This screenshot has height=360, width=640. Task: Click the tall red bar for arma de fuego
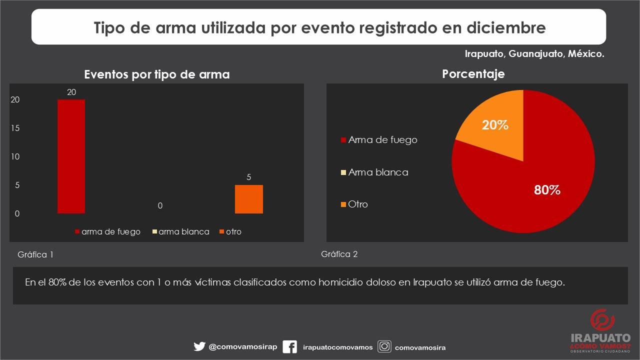pyautogui.click(x=71, y=156)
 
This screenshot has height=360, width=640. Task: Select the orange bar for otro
pyautogui.click(x=248, y=199)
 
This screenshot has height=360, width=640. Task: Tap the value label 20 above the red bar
pyautogui.click(x=71, y=92)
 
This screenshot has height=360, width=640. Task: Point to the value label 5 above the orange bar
pyautogui.click(x=248, y=177)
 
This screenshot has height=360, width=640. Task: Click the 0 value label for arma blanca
pyautogui.click(x=160, y=205)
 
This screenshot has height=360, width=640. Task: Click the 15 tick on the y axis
pyautogui.click(x=15, y=128)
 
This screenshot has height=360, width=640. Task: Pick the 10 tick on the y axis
pyautogui.click(x=15, y=157)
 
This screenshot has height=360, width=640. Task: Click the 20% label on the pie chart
pyautogui.click(x=495, y=125)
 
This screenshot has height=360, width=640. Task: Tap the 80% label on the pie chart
pyautogui.click(x=547, y=190)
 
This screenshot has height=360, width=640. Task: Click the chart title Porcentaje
pyautogui.click(x=473, y=74)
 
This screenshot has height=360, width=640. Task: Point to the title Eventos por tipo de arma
pyautogui.click(x=157, y=74)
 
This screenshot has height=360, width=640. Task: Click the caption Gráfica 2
pyautogui.click(x=339, y=254)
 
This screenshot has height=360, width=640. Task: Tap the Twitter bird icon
pyautogui.click(x=199, y=346)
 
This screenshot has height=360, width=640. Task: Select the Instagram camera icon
pyautogui.click(x=384, y=346)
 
